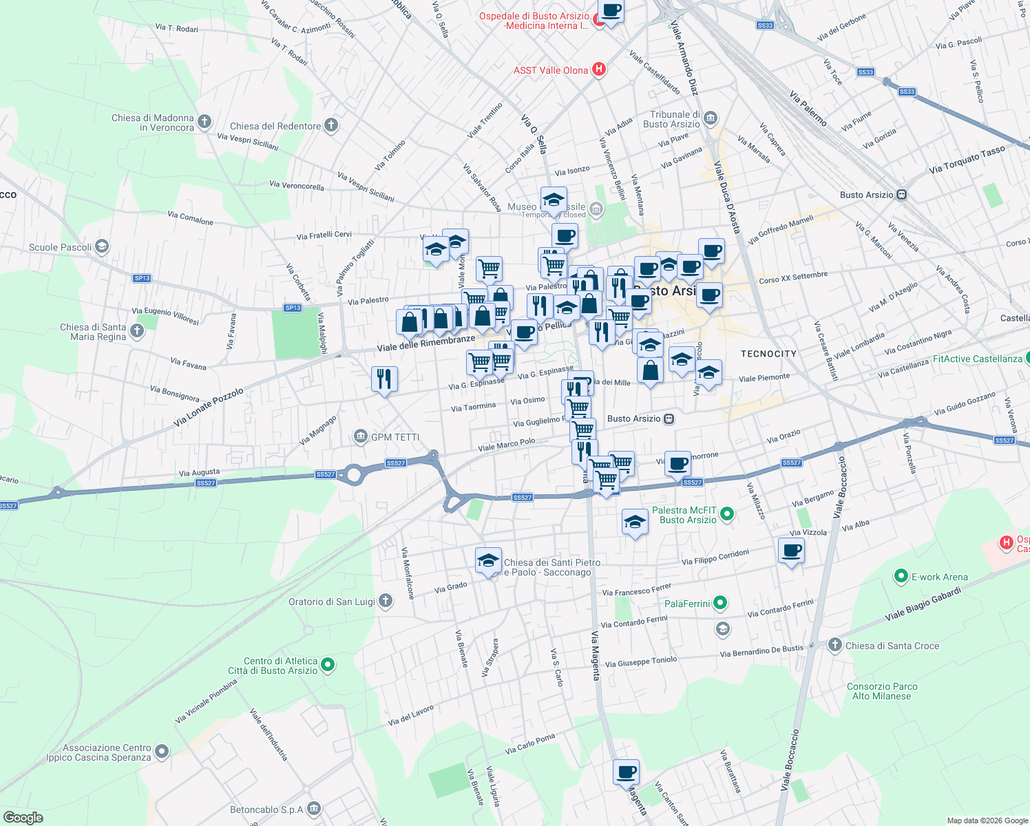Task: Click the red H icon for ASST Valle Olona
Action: (599, 70)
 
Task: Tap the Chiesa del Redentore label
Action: (275, 126)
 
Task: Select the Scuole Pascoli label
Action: (61, 247)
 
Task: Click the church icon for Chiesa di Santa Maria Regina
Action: (137, 332)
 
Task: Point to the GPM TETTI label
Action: (395, 437)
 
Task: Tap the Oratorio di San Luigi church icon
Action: (386, 601)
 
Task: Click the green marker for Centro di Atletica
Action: (328, 665)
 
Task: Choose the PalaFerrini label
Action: (687, 604)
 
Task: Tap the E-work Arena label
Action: (939, 577)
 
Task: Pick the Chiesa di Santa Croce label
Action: (892, 646)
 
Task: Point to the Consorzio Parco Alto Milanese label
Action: (882, 691)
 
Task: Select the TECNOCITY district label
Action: (768, 354)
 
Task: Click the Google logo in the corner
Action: (23, 818)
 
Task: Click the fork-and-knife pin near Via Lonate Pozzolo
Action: (384, 379)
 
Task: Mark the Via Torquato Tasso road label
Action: (967, 160)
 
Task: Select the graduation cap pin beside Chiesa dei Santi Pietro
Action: (488, 561)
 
